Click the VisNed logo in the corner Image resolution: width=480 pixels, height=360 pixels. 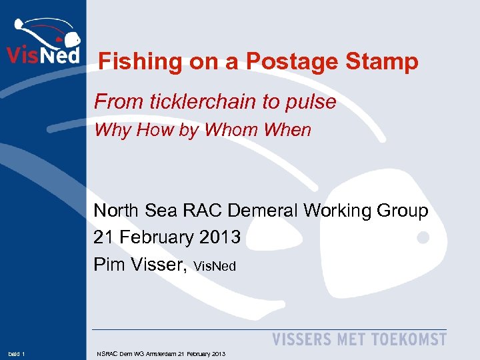(x=43, y=41)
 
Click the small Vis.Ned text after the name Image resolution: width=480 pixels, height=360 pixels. (x=215, y=267)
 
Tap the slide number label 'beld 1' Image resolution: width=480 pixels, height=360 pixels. (x=17, y=353)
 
